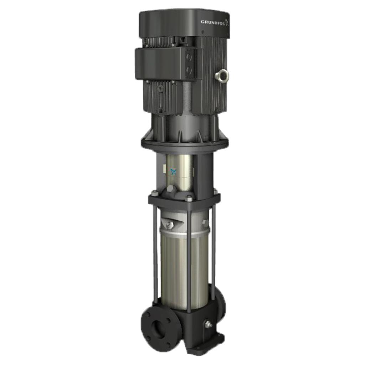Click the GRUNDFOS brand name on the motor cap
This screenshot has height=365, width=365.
[213, 22]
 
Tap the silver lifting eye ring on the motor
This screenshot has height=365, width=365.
[222, 76]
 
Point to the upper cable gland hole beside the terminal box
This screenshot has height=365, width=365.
[189, 57]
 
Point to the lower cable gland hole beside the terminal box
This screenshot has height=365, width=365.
[189, 70]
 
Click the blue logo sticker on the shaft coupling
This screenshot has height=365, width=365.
[173, 172]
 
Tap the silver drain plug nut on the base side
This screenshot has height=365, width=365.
[208, 324]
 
